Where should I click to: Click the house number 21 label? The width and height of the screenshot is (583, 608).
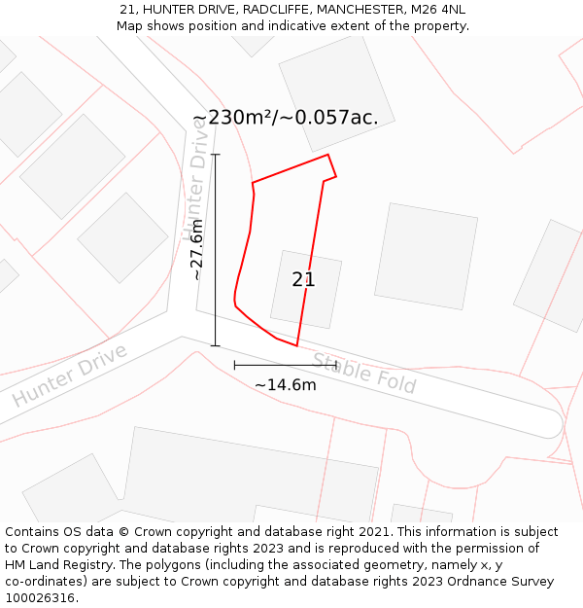[303, 280]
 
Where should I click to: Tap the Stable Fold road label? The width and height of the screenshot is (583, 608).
[364, 373]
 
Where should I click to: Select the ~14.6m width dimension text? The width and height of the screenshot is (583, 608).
[285, 384]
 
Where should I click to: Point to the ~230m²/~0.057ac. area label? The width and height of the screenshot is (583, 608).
[285, 118]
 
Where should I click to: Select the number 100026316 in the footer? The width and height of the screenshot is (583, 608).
[40, 597]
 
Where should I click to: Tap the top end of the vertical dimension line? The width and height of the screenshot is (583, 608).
[215, 155]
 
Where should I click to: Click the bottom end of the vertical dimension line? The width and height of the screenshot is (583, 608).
[215, 345]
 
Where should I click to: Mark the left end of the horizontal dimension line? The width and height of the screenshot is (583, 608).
[235, 365]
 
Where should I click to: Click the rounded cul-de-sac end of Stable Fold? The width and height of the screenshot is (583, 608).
[550, 422]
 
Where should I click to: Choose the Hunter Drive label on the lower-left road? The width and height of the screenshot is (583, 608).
[70, 376]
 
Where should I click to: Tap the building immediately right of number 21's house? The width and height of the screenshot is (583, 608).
[426, 256]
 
